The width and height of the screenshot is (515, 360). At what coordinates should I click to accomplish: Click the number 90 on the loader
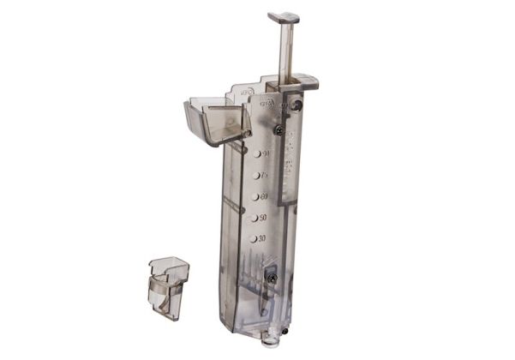266,153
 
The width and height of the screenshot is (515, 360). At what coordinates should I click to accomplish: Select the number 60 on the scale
264,196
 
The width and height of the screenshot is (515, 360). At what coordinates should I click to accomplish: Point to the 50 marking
261,218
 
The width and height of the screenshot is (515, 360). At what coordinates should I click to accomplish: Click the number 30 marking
260,238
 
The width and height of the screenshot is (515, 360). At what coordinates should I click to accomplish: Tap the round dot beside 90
257,153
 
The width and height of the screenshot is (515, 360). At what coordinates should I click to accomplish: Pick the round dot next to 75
256,175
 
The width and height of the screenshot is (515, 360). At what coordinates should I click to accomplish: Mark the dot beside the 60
255,196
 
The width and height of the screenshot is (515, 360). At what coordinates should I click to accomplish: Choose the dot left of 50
253,218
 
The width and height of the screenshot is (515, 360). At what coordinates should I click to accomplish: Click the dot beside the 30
252,239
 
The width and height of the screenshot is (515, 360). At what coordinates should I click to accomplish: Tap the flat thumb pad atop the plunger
284,16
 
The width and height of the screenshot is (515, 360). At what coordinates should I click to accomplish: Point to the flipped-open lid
214,120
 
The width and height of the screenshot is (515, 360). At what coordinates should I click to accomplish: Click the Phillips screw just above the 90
279,129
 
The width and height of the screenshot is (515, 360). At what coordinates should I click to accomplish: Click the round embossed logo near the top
266,103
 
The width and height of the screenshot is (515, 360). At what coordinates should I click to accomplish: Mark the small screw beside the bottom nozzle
285,322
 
